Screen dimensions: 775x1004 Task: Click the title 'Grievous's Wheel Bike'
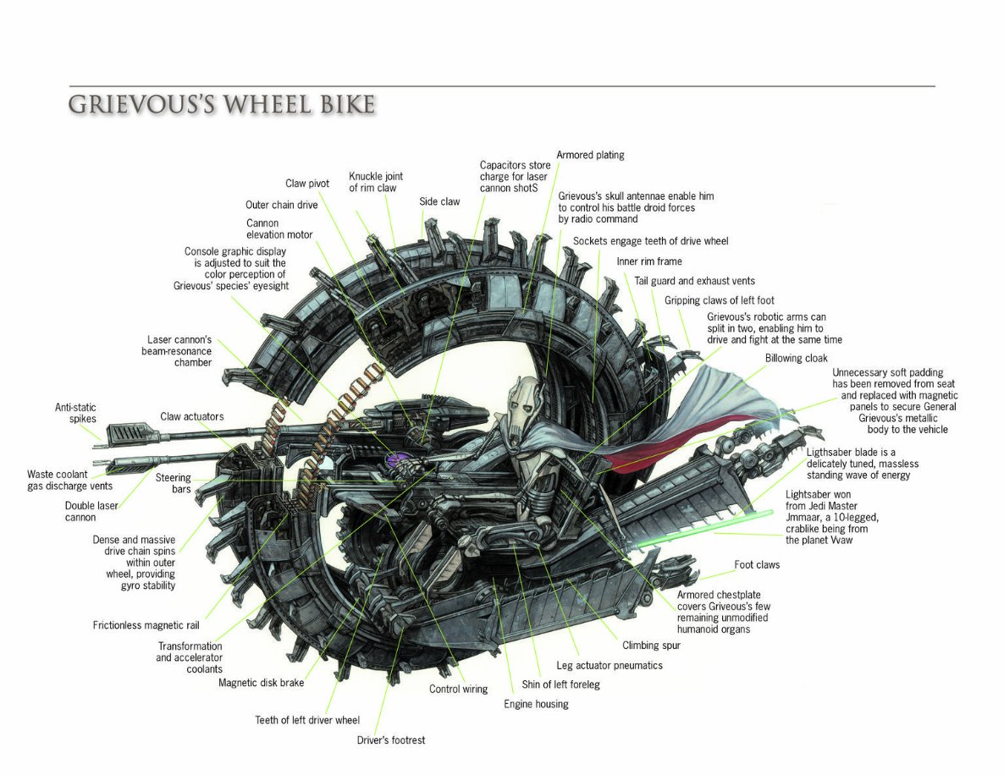(x=222, y=105)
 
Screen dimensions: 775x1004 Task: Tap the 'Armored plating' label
(x=590, y=155)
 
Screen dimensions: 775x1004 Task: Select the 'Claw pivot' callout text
(x=306, y=184)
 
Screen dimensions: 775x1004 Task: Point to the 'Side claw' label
(x=439, y=201)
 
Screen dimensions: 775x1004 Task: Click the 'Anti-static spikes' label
(x=75, y=413)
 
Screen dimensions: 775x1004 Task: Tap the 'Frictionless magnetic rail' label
(x=146, y=626)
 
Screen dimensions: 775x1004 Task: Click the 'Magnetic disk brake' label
(x=261, y=683)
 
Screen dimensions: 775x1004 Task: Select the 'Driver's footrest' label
(x=391, y=740)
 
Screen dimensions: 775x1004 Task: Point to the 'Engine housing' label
(x=536, y=704)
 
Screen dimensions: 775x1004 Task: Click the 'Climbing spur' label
(x=651, y=645)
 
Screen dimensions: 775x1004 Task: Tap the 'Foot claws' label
(x=757, y=564)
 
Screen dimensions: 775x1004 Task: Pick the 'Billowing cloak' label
(x=796, y=358)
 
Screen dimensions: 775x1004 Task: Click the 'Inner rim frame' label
(x=648, y=261)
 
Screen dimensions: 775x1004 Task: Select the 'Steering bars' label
(x=173, y=483)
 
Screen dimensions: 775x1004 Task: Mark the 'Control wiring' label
(x=458, y=689)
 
